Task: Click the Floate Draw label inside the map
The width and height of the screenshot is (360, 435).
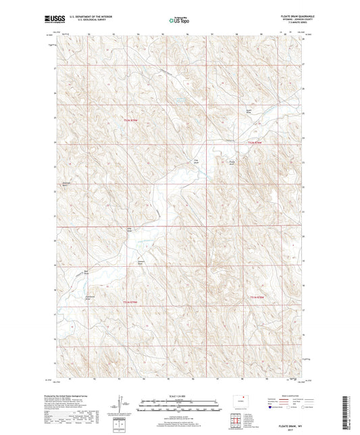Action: click(233, 162)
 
